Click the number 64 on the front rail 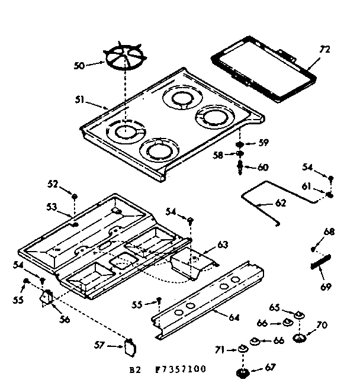[234, 318]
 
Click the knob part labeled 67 [242, 372]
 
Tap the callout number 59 [263, 142]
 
